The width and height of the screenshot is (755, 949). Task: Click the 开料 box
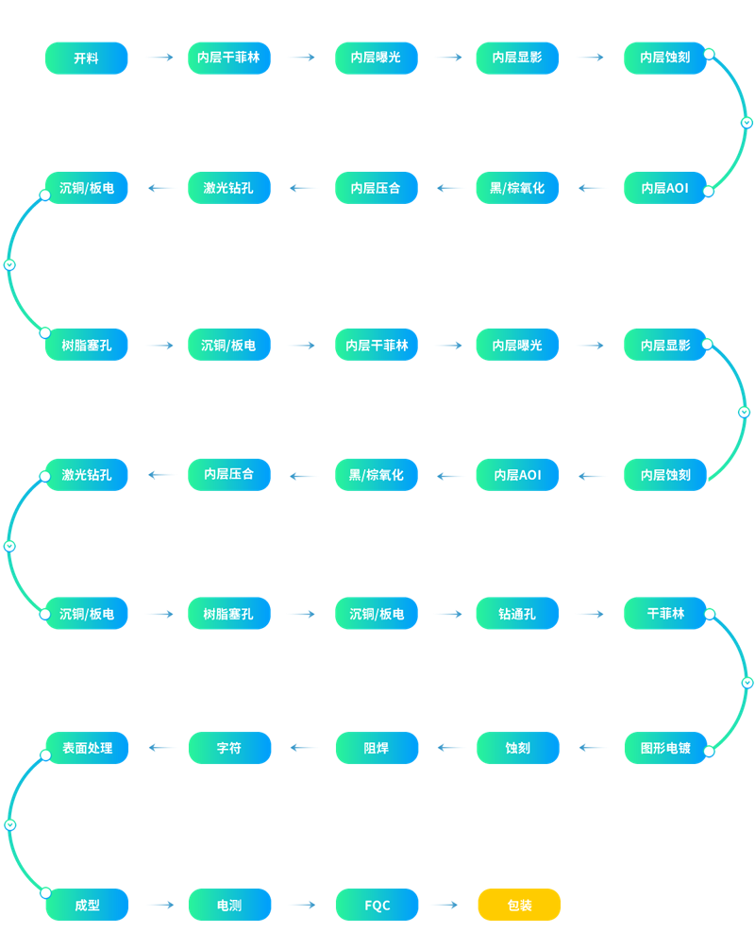(x=87, y=59)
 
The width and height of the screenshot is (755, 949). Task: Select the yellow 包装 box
(x=519, y=905)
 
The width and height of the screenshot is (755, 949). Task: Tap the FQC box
(x=377, y=905)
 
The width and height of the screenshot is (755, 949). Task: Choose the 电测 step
(x=230, y=905)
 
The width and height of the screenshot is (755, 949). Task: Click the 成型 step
(x=87, y=905)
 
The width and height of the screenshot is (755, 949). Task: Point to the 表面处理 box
(x=87, y=748)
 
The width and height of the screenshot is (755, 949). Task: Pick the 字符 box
(x=230, y=748)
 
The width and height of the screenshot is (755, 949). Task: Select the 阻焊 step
(x=377, y=748)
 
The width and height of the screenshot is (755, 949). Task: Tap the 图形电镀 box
(x=665, y=748)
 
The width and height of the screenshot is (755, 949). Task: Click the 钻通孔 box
(x=517, y=614)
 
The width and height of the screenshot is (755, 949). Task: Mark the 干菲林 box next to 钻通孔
(x=664, y=614)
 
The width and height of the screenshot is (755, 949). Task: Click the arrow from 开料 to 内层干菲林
(x=161, y=58)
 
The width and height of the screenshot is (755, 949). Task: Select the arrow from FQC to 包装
(x=447, y=905)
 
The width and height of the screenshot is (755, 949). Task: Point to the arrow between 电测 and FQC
(x=304, y=905)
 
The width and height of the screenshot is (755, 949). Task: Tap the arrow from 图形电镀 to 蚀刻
(x=592, y=748)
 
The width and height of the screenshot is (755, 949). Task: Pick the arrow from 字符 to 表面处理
(x=161, y=748)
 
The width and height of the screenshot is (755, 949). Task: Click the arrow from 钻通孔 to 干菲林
(x=592, y=614)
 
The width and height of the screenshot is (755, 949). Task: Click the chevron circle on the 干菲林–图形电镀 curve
(x=747, y=683)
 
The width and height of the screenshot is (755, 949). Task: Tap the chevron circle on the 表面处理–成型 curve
(x=10, y=825)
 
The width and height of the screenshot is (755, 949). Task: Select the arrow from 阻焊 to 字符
(x=303, y=748)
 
